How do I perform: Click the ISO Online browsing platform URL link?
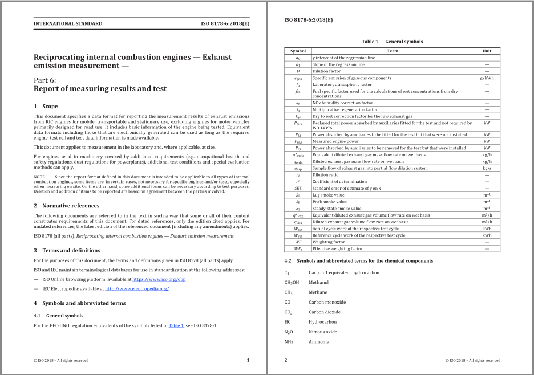point(159,279)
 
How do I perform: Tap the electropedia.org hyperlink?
point(137,288)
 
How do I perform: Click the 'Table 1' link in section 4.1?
point(175,325)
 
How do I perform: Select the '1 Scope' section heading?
point(46,106)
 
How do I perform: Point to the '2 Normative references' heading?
point(66,206)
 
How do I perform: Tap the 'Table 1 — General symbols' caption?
point(392,42)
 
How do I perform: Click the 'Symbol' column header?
point(298,51)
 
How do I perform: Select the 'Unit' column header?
point(487,51)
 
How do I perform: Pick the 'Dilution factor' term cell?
point(326,71)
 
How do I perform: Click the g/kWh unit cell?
point(487,78)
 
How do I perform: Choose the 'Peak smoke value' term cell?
point(329,202)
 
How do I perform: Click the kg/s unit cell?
point(487,168)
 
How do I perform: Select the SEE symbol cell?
point(298,188)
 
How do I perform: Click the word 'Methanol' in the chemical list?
point(318,282)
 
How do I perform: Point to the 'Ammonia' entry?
point(318,341)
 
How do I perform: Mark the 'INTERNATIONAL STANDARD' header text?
point(68,23)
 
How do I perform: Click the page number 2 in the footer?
point(285,360)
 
